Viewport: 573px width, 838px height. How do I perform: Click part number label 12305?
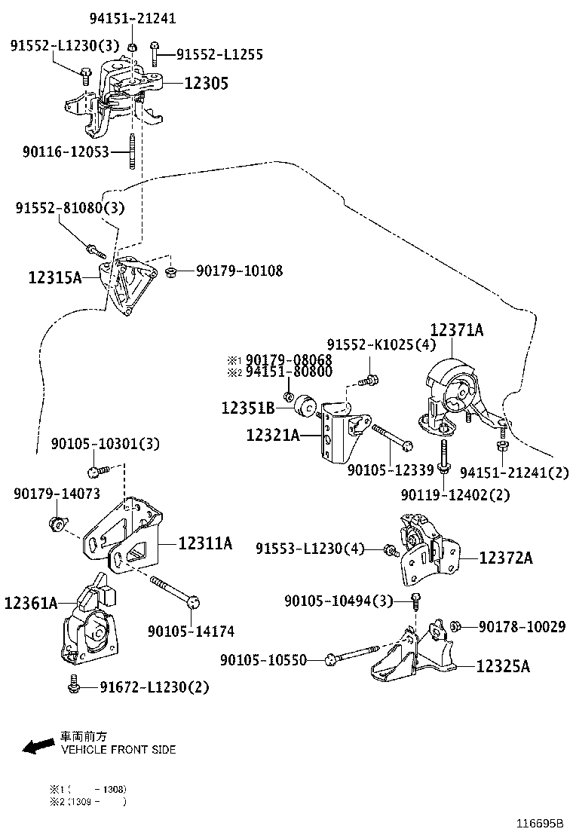pos(206,84)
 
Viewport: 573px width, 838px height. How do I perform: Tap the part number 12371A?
pos(457,330)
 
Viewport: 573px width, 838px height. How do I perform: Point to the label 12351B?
pos(247,408)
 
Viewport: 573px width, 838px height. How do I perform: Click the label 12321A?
pos(272,435)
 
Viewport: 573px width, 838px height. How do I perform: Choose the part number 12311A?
pos(205,543)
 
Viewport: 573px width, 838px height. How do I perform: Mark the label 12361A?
pos(31,603)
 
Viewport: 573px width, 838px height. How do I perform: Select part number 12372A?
pos(506,558)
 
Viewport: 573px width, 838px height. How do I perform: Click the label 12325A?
pos(503,666)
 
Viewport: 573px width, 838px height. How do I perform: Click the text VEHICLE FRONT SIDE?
pos(118,750)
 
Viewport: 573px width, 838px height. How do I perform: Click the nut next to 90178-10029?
pos(455,625)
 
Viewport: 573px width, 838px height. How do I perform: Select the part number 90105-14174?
pos(191,631)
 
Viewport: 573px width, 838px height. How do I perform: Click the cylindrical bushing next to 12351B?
pos(307,405)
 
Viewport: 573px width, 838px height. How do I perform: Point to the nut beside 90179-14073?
pos(56,522)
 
